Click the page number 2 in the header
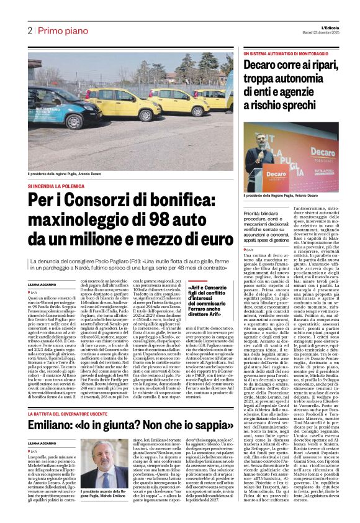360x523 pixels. point(29,30)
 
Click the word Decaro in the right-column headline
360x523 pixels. point(263,66)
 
